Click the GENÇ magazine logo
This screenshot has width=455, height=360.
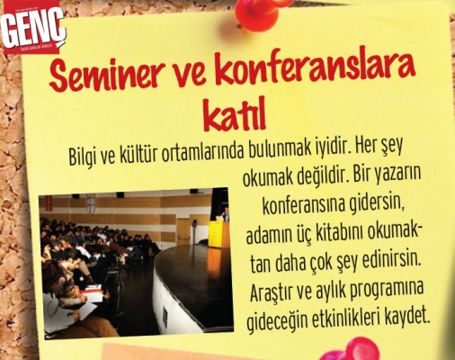(x=33, y=31)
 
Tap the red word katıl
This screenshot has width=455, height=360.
(x=235, y=116)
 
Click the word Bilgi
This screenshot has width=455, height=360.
(x=82, y=156)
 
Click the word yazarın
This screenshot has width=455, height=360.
(x=397, y=175)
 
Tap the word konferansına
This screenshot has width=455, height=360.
(x=303, y=206)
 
